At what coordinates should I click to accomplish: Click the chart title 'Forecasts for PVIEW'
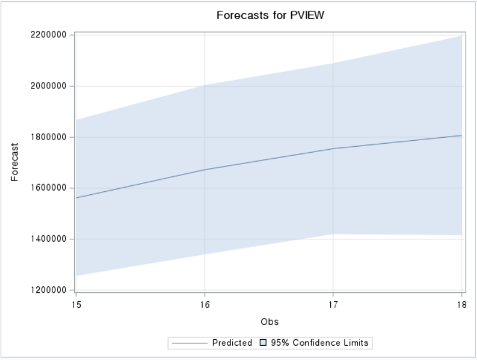tap(270, 15)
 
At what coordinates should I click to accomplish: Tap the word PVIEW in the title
tap(307, 15)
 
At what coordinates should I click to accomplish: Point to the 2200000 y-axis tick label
tap(48, 35)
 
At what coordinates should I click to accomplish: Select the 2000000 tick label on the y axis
tap(48, 86)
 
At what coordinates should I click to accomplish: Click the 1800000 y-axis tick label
tap(48, 137)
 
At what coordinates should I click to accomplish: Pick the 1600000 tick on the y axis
tap(48, 188)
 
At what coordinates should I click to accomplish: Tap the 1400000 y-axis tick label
tap(48, 239)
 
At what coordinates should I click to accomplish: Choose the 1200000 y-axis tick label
tap(48, 290)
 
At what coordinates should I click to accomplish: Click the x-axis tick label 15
tap(76, 304)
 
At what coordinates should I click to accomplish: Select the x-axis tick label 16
tap(204, 304)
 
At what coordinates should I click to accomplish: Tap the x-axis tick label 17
tap(333, 304)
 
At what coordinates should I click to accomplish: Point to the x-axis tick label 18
tap(462, 304)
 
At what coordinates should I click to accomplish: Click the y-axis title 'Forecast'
tap(15, 162)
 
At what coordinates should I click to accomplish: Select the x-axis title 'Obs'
tap(269, 322)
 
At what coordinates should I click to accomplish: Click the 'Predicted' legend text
tap(232, 343)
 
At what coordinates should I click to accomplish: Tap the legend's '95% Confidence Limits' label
tap(320, 343)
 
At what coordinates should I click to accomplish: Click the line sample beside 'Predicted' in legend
tap(189, 343)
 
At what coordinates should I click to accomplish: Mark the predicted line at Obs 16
tap(204, 170)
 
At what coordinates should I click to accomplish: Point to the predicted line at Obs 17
tap(333, 149)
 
